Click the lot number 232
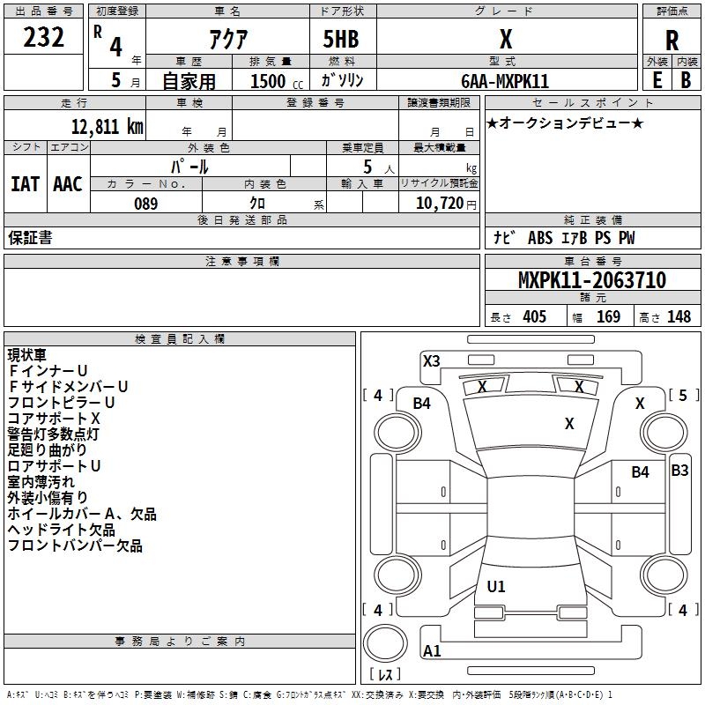43,38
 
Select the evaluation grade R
672,41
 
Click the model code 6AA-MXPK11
505,81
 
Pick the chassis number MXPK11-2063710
591,280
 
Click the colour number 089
145,204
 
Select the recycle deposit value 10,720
438,204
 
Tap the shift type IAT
25,184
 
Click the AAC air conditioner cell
67,184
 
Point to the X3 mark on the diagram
431,360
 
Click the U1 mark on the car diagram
496,586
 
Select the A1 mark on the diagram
432,651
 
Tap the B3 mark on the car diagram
679,471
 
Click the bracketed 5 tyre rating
683,396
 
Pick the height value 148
679,316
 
